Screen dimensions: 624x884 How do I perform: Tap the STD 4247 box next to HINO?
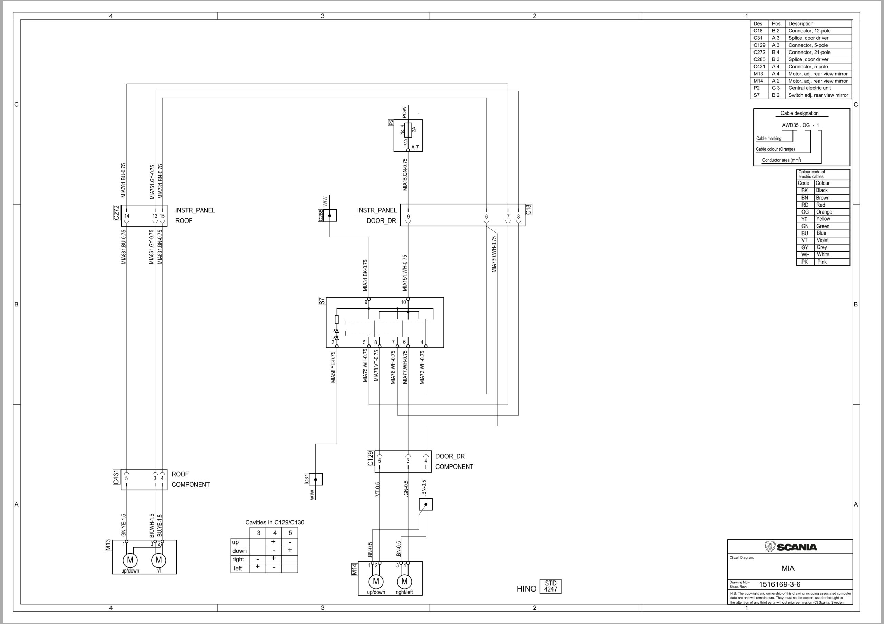[x=550, y=586]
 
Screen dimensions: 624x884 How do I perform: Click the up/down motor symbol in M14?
[x=376, y=581]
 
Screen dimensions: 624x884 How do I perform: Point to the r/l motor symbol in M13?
[x=158, y=560]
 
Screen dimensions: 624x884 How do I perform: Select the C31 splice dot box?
[x=315, y=479]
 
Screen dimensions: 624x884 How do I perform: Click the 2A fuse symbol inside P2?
[x=408, y=130]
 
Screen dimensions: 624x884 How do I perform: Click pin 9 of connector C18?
[x=408, y=217]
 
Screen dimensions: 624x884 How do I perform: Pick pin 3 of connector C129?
[x=408, y=461]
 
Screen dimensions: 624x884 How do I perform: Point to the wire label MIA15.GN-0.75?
[x=405, y=174]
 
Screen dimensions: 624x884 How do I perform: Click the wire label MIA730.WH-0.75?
[x=494, y=254]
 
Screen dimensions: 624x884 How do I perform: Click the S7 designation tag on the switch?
[x=322, y=301]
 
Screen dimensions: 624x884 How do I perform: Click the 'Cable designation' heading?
[x=799, y=113]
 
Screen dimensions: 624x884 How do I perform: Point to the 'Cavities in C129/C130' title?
[x=275, y=522]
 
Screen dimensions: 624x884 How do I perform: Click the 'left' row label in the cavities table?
[x=238, y=568]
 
